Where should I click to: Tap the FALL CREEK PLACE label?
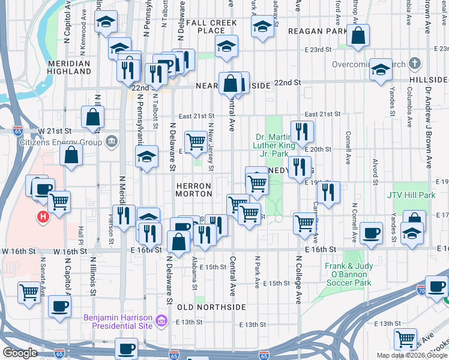click(211, 26)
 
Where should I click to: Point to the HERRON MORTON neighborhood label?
click(194, 190)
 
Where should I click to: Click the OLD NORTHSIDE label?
click(212, 307)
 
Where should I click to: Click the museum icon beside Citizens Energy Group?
click(112, 142)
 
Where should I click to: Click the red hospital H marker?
click(43, 217)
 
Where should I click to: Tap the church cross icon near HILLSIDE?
click(415, 64)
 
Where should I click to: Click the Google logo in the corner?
click(20, 353)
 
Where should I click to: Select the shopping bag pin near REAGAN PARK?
click(358, 36)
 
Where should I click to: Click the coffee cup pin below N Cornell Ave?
click(371, 233)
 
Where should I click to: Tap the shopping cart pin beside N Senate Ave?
click(29, 292)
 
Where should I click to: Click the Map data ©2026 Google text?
click(412, 355)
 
